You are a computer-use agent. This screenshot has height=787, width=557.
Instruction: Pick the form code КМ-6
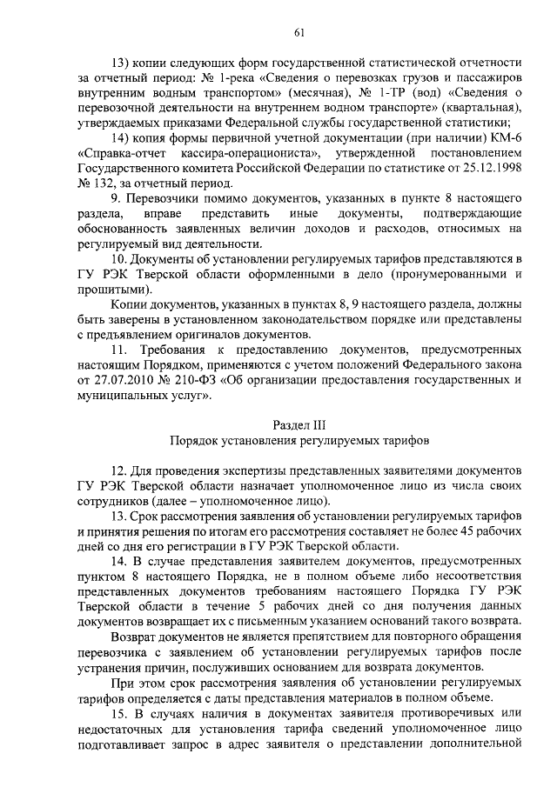(x=507, y=137)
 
